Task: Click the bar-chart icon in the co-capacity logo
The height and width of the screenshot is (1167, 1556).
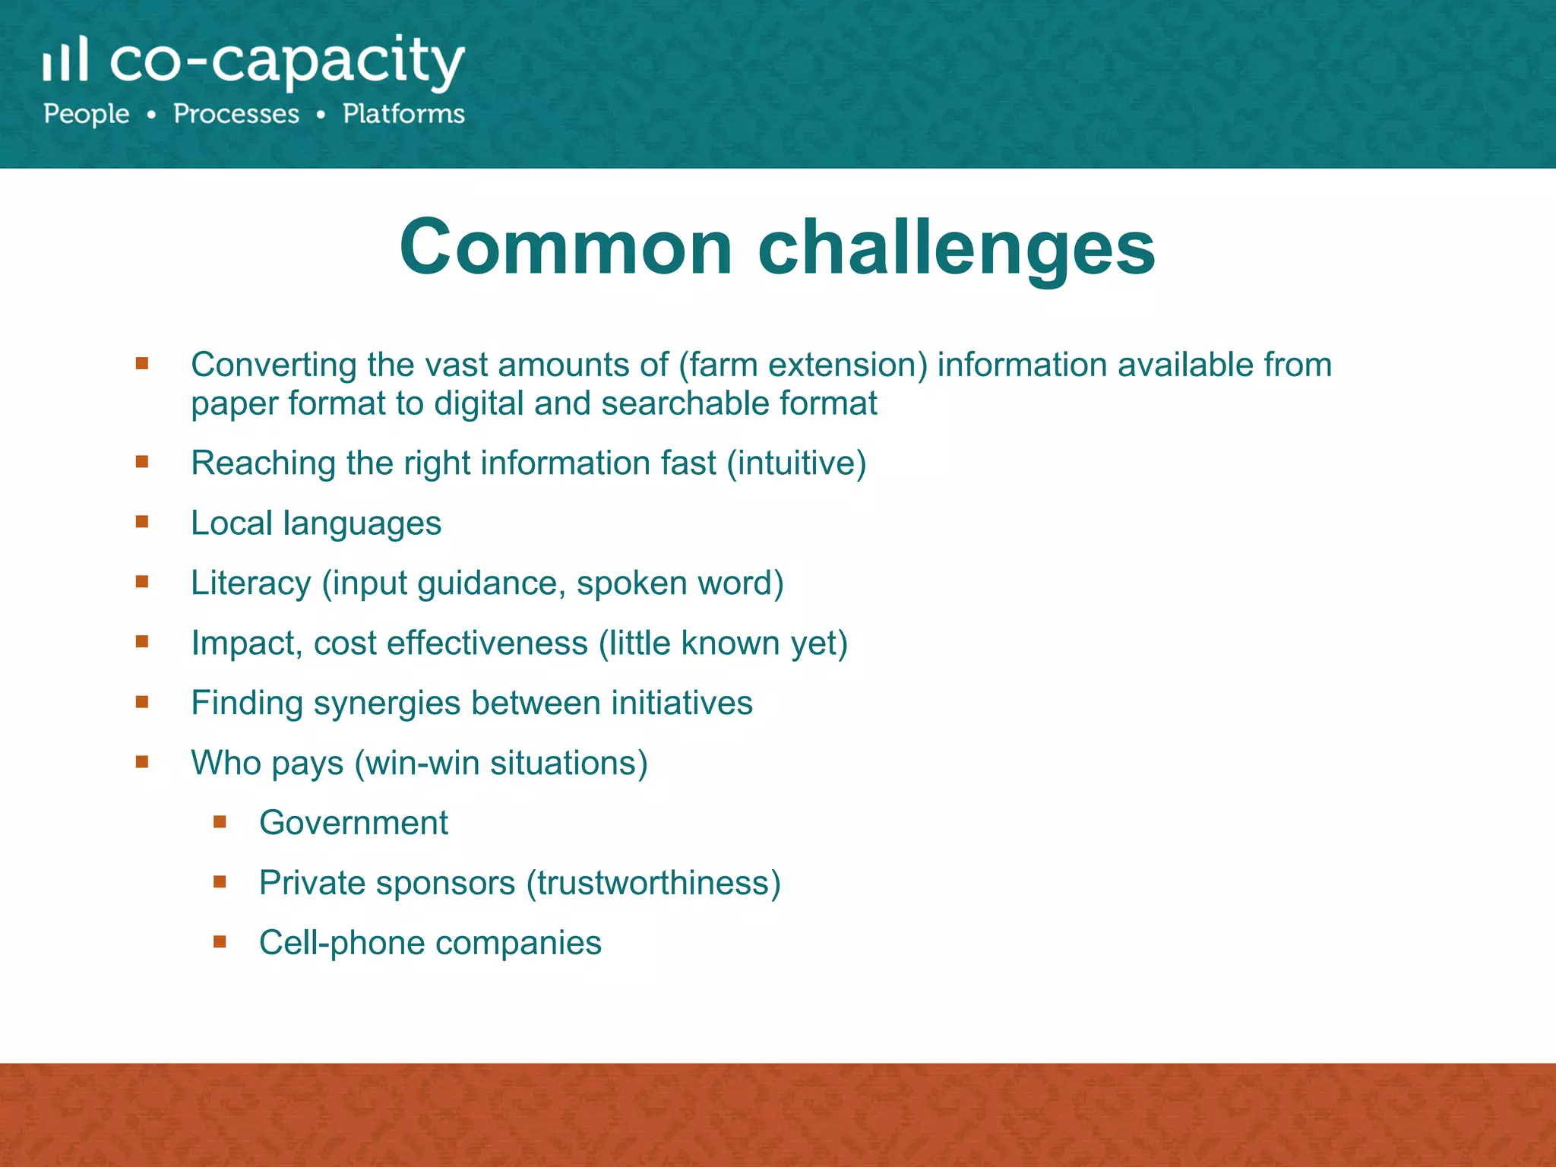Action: pyautogui.click(x=65, y=60)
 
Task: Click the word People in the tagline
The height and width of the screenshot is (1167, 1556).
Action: pyautogui.click(x=87, y=114)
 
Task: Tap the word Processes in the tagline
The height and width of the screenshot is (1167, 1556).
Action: pyautogui.click(x=236, y=114)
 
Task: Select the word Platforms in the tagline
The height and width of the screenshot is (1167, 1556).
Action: pyautogui.click(x=403, y=114)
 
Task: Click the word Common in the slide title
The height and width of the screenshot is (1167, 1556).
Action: pyautogui.click(x=566, y=247)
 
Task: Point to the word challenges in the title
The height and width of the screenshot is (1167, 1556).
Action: pyautogui.click(x=957, y=248)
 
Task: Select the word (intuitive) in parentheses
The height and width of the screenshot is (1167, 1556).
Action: pyautogui.click(x=796, y=463)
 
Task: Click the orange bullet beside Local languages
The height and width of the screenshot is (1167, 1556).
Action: pyautogui.click(x=142, y=522)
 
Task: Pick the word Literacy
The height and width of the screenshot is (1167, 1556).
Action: pyautogui.click(x=251, y=583)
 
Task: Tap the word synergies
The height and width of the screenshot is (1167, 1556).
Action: pyautogui.click(x=387, y=704)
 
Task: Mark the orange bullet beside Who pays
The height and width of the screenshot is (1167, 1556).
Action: pyautogui.click(x=142, y=762)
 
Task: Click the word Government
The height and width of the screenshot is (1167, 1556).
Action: pyautogui.click(x=353, y=823)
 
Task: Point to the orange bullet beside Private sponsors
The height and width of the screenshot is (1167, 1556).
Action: pyautogui.click(x=220, y=882)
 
